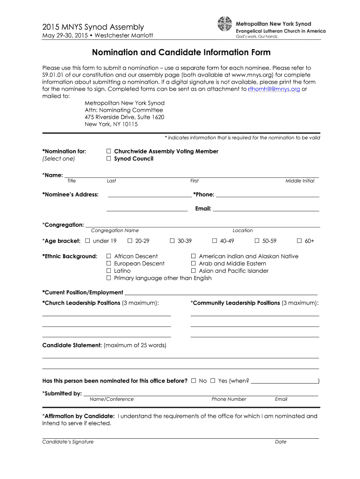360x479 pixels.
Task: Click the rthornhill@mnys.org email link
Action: (x=274, y=89)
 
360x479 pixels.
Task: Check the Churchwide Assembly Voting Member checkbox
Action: (x=108, y=151)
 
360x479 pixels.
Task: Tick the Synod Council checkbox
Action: (x=108, y=159)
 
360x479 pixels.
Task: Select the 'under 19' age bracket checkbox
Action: (x=87, y=241)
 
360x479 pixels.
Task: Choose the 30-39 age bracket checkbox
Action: (x=172, y=241)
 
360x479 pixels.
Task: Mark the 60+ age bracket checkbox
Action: (x=299, y=241)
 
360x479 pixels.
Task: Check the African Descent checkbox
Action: (x=108, y=256)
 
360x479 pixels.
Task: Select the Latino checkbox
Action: (x=108, y=271)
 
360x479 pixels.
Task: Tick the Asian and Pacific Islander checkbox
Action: (x=193, y=271)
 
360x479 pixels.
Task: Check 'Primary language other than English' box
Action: (x=108, y=278)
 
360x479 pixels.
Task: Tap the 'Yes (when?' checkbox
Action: (x=213, y=381)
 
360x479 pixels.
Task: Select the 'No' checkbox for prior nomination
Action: (x=194, y=381)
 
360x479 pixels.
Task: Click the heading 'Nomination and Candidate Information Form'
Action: (x=181, y=53)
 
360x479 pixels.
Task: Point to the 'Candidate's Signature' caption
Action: (x=68, y=442)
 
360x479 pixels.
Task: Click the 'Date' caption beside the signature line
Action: (x=281, y=442)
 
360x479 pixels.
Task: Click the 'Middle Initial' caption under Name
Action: (x=300, y=181)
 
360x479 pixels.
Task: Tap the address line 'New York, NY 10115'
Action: (x=111, y=124)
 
